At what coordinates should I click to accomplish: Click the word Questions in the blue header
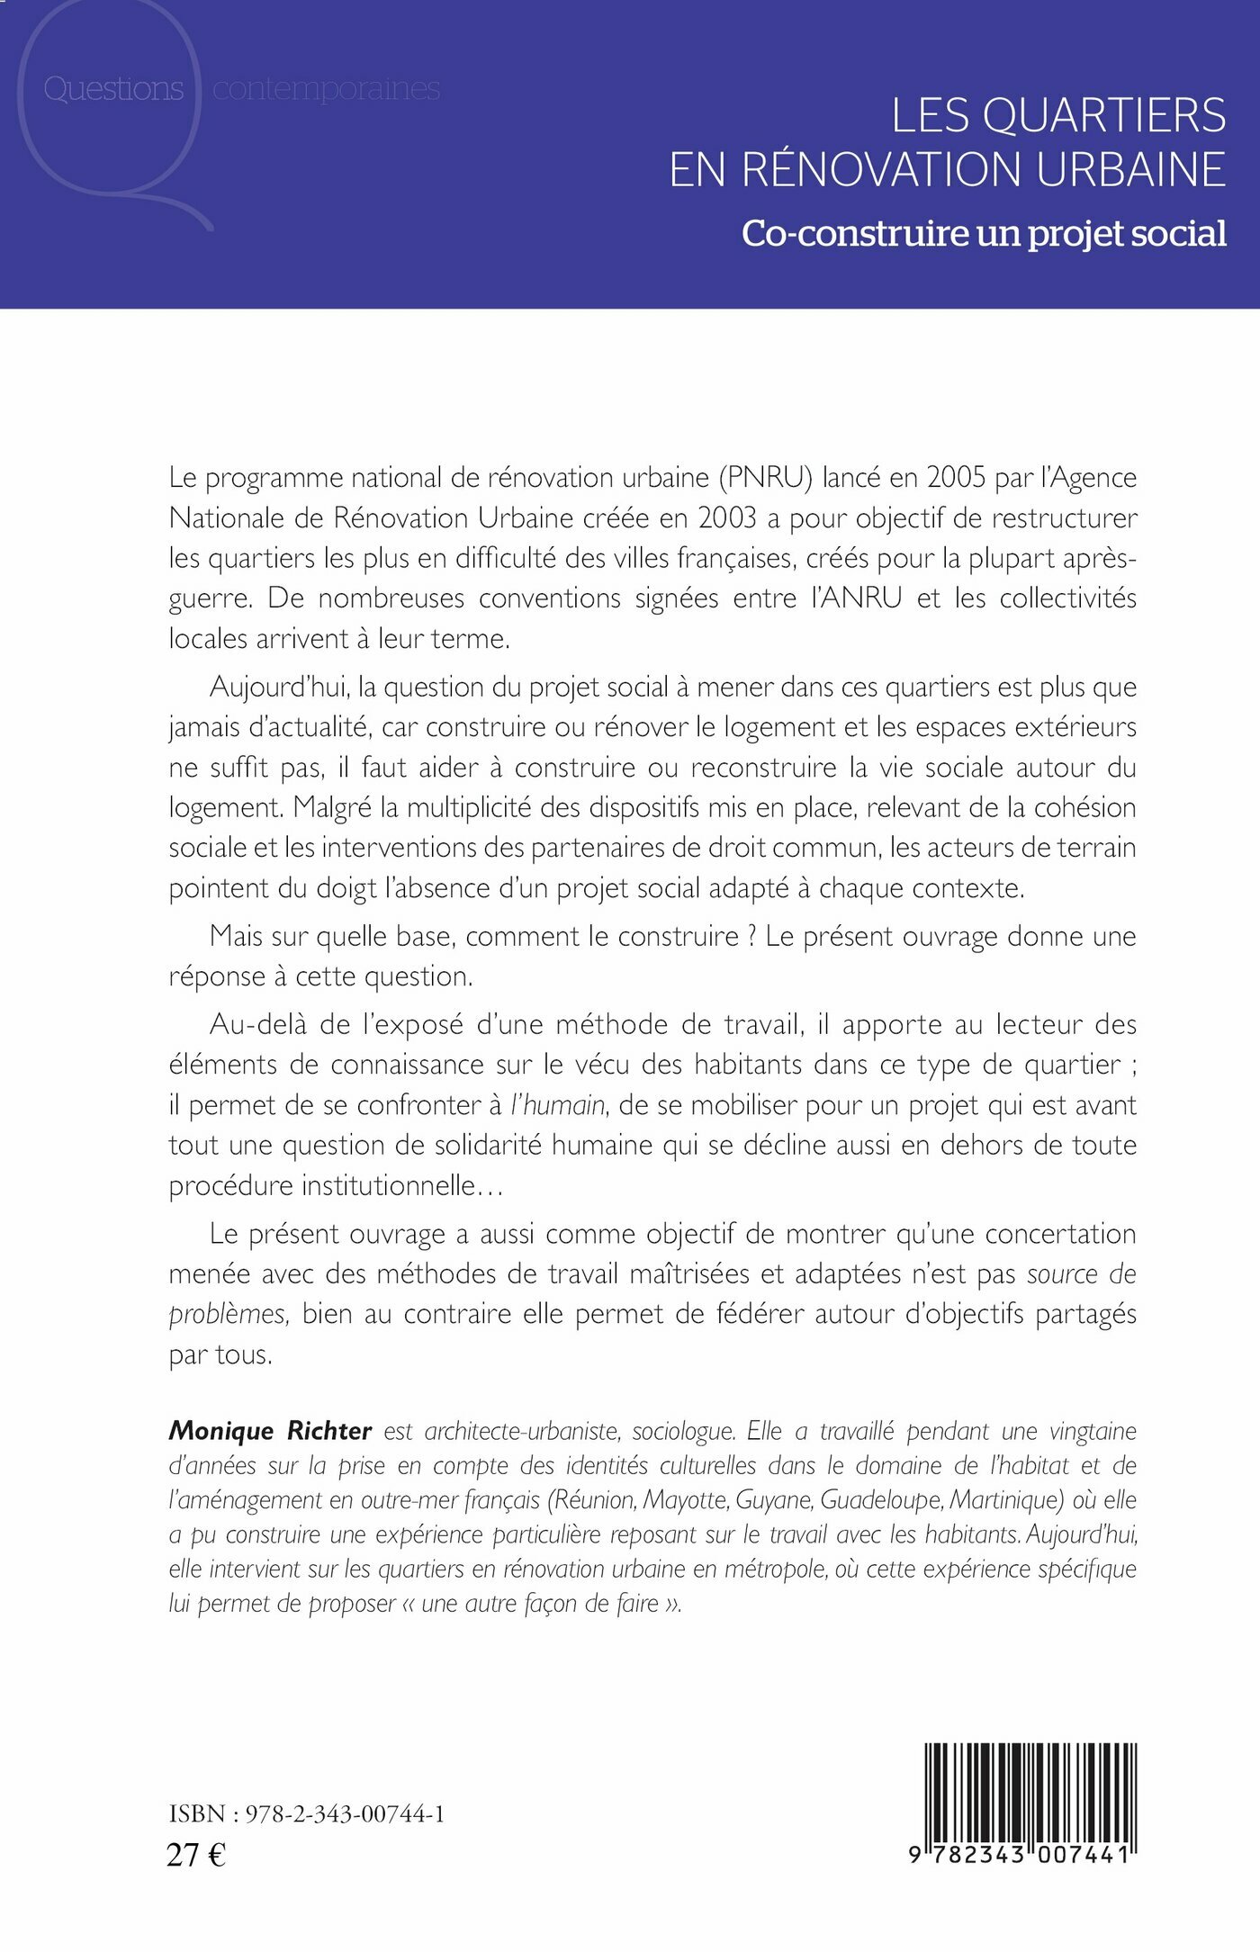[113, 89]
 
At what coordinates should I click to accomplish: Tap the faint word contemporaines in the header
[326, 89]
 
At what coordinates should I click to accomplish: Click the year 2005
[957, 477]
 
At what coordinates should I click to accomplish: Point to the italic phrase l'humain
[558, 1104]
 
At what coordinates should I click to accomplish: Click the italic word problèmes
[228, 1314]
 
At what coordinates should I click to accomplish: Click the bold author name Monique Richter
[270, 1431]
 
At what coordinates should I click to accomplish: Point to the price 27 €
[196, 1855]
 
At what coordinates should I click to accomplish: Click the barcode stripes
[1030, 1792]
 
